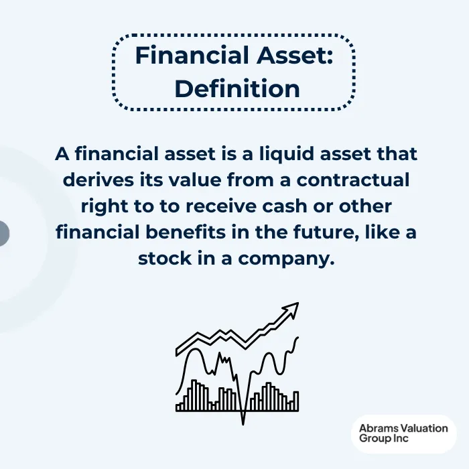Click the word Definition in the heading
(237, 88)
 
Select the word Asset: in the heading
(297, 55)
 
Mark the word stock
(171, 258)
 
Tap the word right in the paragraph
(105, 206)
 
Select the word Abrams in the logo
(377, 428)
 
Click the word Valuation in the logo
(423, 428)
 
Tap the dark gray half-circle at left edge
(3, 233)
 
